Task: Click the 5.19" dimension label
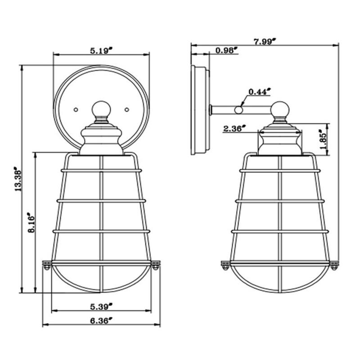click(x=101, y=50)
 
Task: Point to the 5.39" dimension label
click(x=101, y=307)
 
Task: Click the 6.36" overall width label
click(x=101, y=321)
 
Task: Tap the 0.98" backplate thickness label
click(x=226, y=50)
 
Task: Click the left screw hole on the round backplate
click(x=76, y=109)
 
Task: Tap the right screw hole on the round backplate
click(x=126, y=109)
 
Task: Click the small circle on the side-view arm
click(x=238, y=109)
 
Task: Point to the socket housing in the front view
click(x=101, y=140)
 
